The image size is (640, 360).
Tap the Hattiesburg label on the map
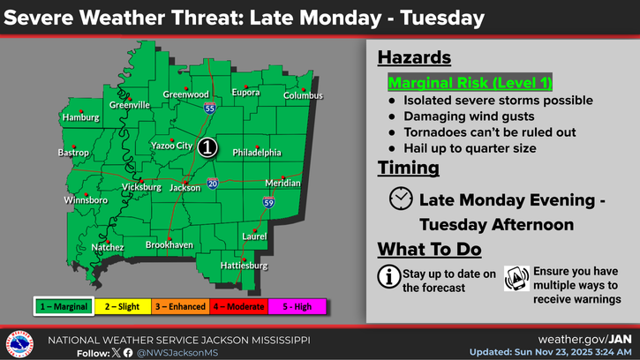point(242,266)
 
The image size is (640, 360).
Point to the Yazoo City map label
point(171,146)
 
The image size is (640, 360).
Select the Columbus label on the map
point(303,95)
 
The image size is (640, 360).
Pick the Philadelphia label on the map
point(257,153)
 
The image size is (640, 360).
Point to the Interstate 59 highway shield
point(268,203)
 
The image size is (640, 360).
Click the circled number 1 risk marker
point(206,147)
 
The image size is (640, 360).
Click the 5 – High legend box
point(298,306)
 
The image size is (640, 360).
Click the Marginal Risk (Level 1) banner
point(471,84)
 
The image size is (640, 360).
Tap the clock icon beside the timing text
point(400,199)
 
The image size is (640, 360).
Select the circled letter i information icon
point(388,276)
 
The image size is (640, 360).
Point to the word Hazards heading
point(414,58)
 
